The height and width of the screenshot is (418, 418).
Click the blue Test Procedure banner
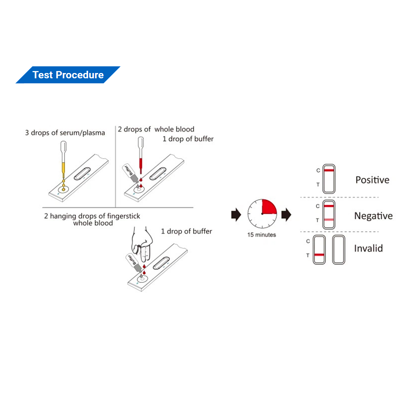(68, 75)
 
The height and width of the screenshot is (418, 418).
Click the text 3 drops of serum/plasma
(65, 133)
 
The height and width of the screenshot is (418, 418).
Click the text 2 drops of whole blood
(156, 129)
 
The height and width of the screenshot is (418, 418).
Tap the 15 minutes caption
(261, 235)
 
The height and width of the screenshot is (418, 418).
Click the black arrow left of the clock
(236, 215)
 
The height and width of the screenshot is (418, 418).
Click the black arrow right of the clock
(286, 215)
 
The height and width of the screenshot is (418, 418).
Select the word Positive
(372, 180)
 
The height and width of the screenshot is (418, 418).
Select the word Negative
(373, 216)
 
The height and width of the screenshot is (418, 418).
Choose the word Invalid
(368, 248)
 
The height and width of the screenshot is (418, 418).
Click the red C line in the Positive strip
(329, 170)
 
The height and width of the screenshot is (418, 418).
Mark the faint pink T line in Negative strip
(329, 220)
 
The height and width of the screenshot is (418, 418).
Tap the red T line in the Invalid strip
(319, 255)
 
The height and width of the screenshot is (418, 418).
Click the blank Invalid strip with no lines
(339, 249)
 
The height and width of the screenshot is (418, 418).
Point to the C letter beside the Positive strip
(318, 170)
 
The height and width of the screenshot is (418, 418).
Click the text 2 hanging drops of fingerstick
(92, 216)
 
